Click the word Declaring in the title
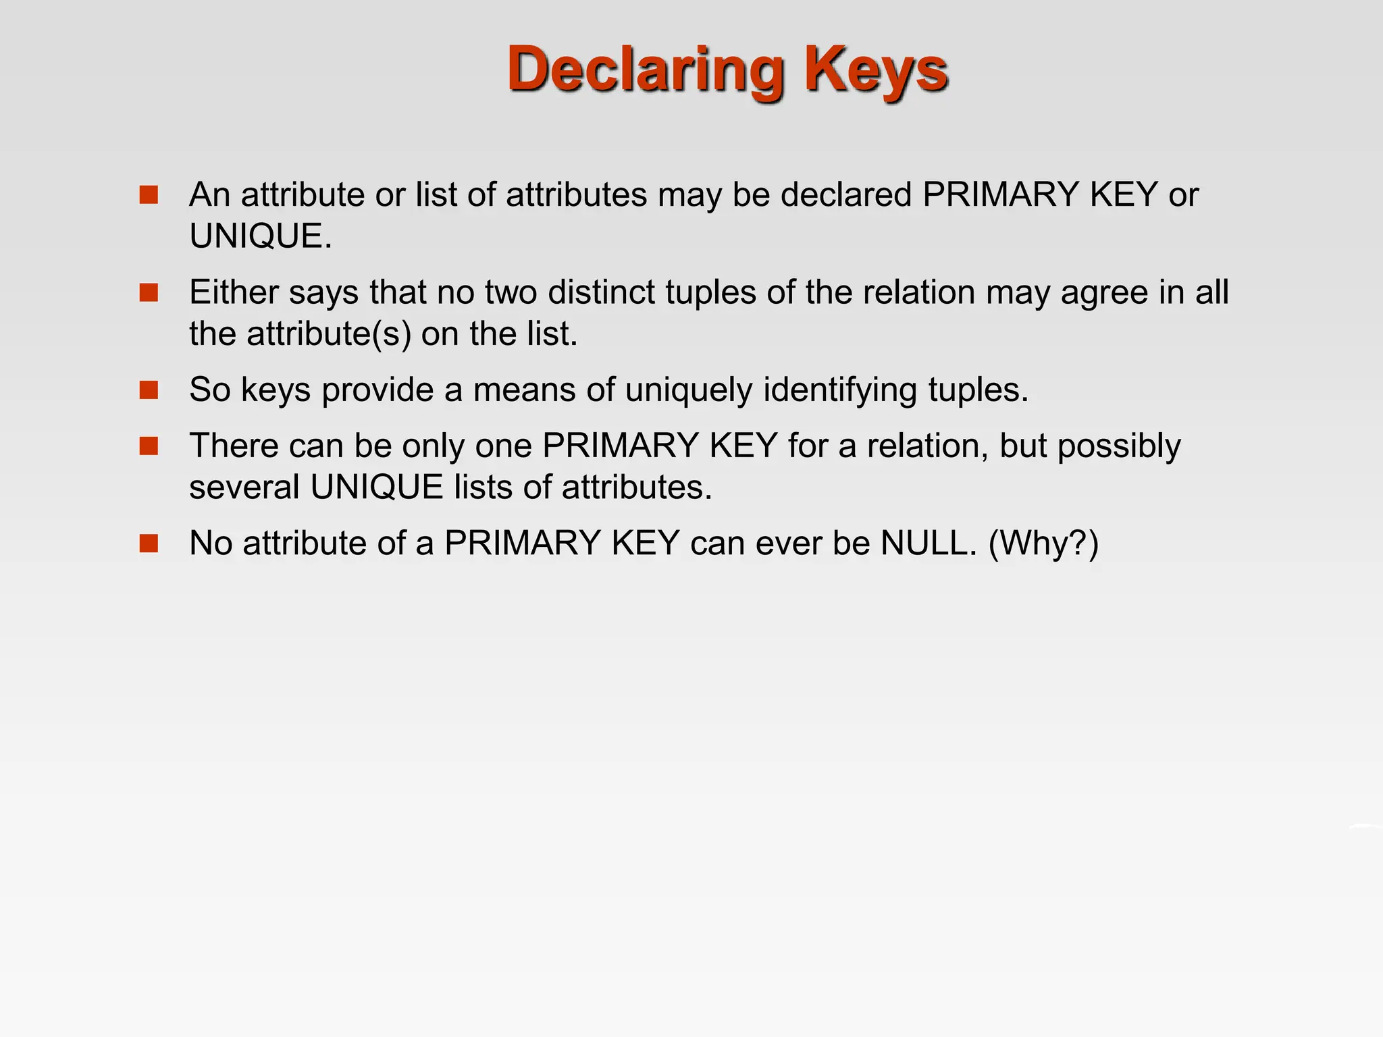[644, 70]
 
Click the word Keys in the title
[876, 70]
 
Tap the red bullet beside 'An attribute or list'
[149, 195]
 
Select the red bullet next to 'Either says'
[149, 292]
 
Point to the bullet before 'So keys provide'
[149, 390]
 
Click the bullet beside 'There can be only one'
[149, 446]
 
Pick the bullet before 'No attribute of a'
[149, 543]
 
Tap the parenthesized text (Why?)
[1043, 543]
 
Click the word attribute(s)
[328, 334]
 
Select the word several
[244, 487]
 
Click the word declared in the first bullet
[846, 195]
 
